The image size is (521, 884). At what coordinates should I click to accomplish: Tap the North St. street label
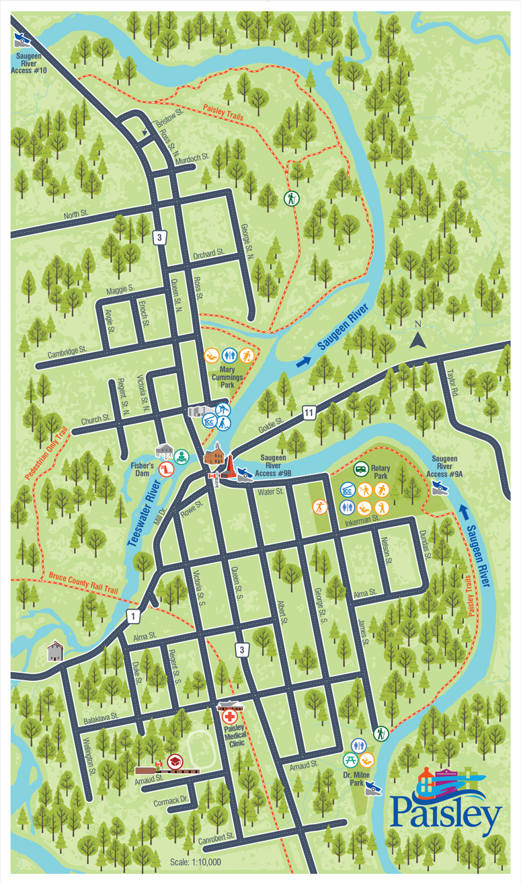(76, 215)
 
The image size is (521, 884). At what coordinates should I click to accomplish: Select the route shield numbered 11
(308, 412)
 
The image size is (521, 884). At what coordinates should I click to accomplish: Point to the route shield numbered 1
(134, 616)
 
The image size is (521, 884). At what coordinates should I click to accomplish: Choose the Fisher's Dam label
(143, 469)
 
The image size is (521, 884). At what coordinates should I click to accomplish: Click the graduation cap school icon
(175, 761)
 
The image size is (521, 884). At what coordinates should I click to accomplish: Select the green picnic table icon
(350, 761)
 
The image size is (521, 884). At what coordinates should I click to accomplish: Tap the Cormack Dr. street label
(169, 801)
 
